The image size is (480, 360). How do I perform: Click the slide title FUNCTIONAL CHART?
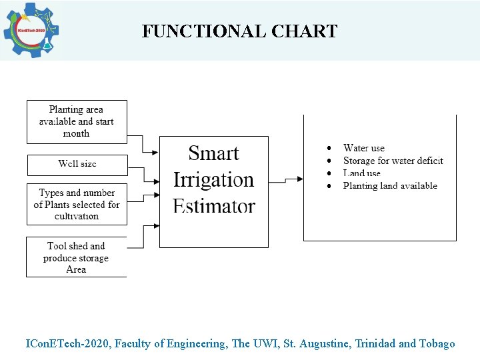click(239, 31)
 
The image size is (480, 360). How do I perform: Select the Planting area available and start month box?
click(76, 121)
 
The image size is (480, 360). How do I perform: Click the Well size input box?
click(76, 164)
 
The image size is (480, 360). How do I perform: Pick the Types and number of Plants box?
click(76, 204)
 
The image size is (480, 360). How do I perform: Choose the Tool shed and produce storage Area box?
click(76, 257)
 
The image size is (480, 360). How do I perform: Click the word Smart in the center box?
click(213, 153)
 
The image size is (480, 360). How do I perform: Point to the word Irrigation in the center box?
click(213, 180)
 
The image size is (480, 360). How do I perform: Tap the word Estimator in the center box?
click(213, 205)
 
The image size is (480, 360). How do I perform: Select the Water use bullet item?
click(363, 148)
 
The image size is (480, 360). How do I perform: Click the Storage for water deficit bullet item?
click(393, 161)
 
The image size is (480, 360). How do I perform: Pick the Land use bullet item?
click(361, 173)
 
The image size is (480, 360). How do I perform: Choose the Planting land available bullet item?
click(390, 186)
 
